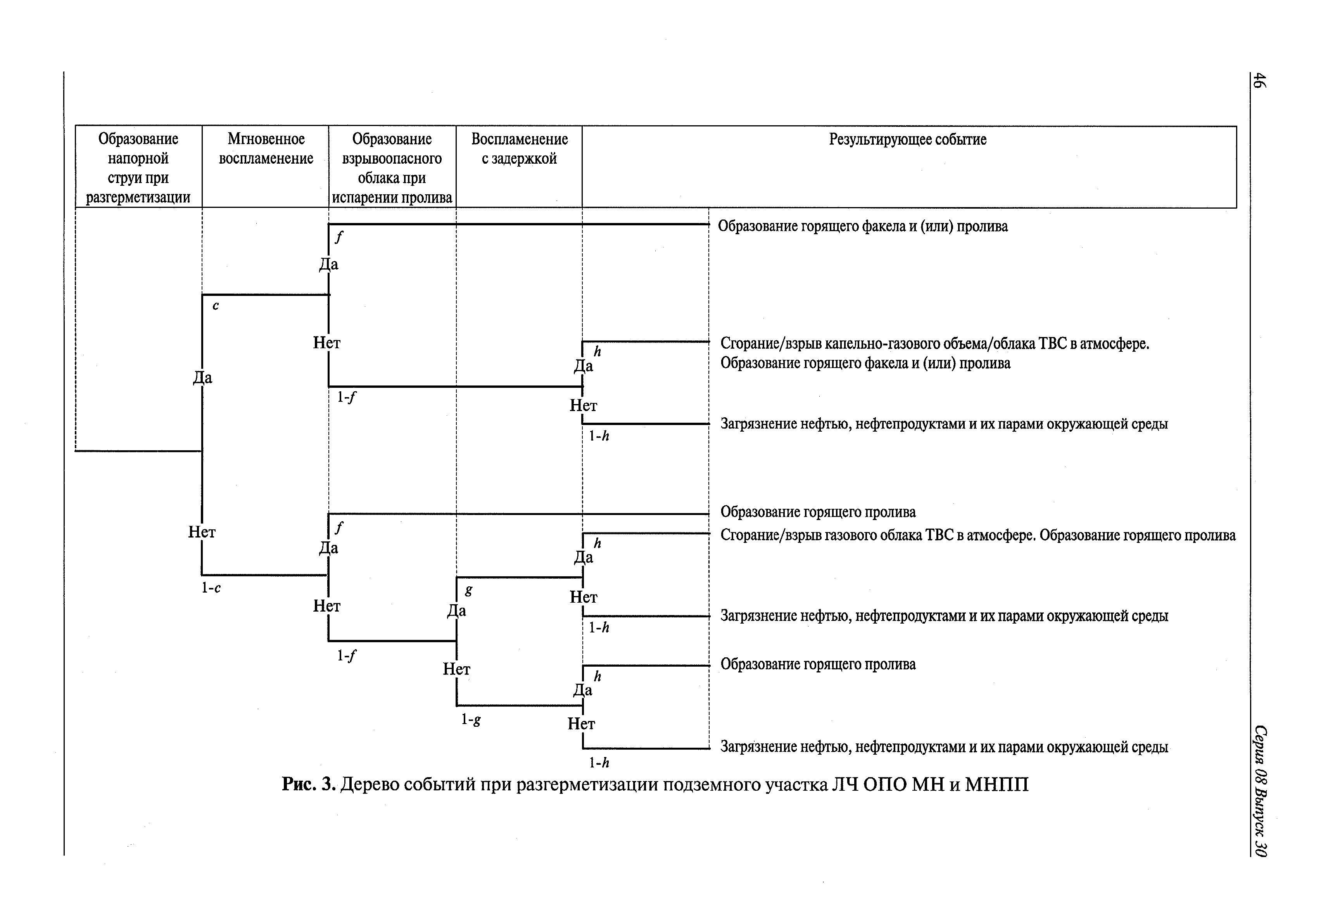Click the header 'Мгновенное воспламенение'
pyautogui.click(x=266, y=149)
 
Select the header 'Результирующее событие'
pyautogui.click(x=907, y=140)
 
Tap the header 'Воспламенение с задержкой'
pyautogui.click(x=520, y=149)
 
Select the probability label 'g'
pyautogui.click(x=469, y=589)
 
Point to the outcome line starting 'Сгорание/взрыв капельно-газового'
pyautogui.click(x=934, y=344)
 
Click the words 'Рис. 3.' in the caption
pyautogui.click(x=308, y=784)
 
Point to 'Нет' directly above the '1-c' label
pyautogui.click(x=202, y=532)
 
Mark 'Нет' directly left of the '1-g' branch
pyautogui.click(x=457, y=669)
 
